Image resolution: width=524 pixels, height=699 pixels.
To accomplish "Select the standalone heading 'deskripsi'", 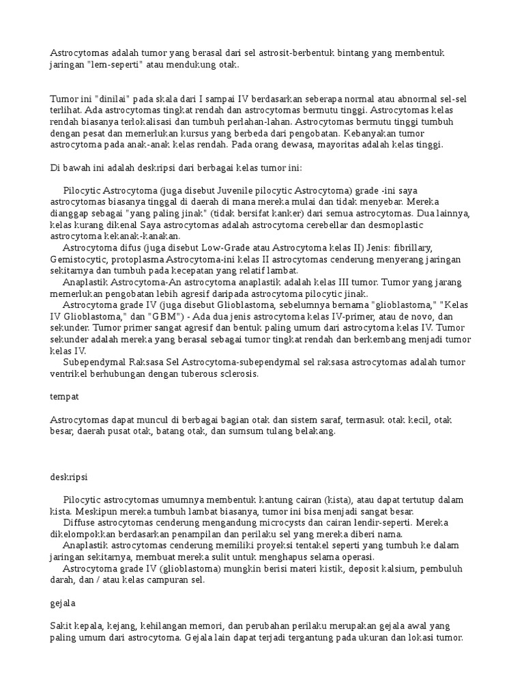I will pyautogui.click(x=69, y=476).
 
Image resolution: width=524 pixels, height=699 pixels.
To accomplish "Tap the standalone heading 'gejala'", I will pyautogui.click(x=63, y=603).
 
